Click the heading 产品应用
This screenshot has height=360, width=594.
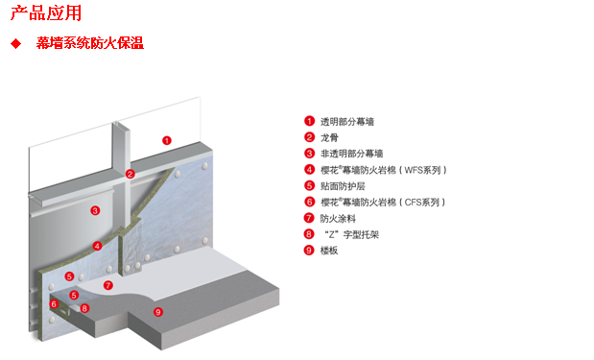pyautogui.click(x=45, y=12)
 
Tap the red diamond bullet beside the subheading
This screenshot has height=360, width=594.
pyautogui.click(x=15, y=44)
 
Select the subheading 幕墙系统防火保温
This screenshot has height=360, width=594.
pyautogui.click(x=90, y=43)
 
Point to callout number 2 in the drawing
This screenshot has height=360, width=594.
pyautogui.click(x=131, y=174)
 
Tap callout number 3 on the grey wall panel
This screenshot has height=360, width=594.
pyautogui.click(x=95, y=210)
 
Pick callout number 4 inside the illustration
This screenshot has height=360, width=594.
pyautogui.click(x=97, y=246)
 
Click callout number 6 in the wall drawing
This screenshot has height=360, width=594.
pyautogui.click(x=55, y=304)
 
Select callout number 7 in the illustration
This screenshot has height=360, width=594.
pyautogui.click(x=108, y=285)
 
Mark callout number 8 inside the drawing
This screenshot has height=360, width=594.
pyautogui.click(x=85, y=308)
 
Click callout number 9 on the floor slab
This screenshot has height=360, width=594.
pyautogui.click(x=158, y=311)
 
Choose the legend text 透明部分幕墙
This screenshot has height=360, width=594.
pyautogui.click(x=347, y=122)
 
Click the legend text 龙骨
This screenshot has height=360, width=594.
pyautogui.click(x=329, y=137)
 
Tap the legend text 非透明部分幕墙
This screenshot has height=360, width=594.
pyautogui.click(x=351, y=154)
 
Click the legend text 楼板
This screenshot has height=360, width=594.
pyautogui.click(x=329, y=251)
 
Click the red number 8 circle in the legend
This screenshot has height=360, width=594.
pyautogui.click(x=309, y=234)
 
